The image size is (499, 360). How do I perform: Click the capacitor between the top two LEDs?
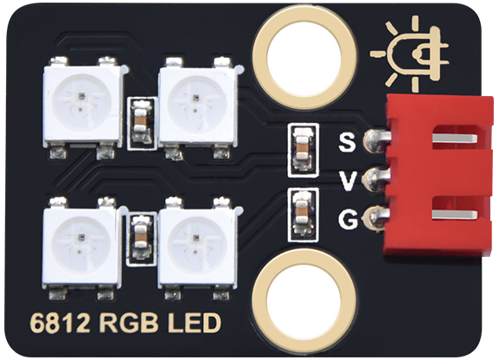[x=141, y=123]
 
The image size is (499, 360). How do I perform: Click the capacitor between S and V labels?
[x=303, y=150]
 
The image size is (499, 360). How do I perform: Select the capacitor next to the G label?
[x=303, y=215]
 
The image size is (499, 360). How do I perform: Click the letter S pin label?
[x=347, y=143]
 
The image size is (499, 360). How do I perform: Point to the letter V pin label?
[x=347, y=181]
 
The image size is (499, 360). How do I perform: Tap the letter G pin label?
[x=348, y=219]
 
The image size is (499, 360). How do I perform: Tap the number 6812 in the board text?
[x=61, y=323]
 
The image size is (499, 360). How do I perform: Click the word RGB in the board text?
[x=129, y=323]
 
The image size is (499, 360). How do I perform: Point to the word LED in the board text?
[x=194, y=323]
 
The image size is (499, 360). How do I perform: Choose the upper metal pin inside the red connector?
[x=455, y=138]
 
